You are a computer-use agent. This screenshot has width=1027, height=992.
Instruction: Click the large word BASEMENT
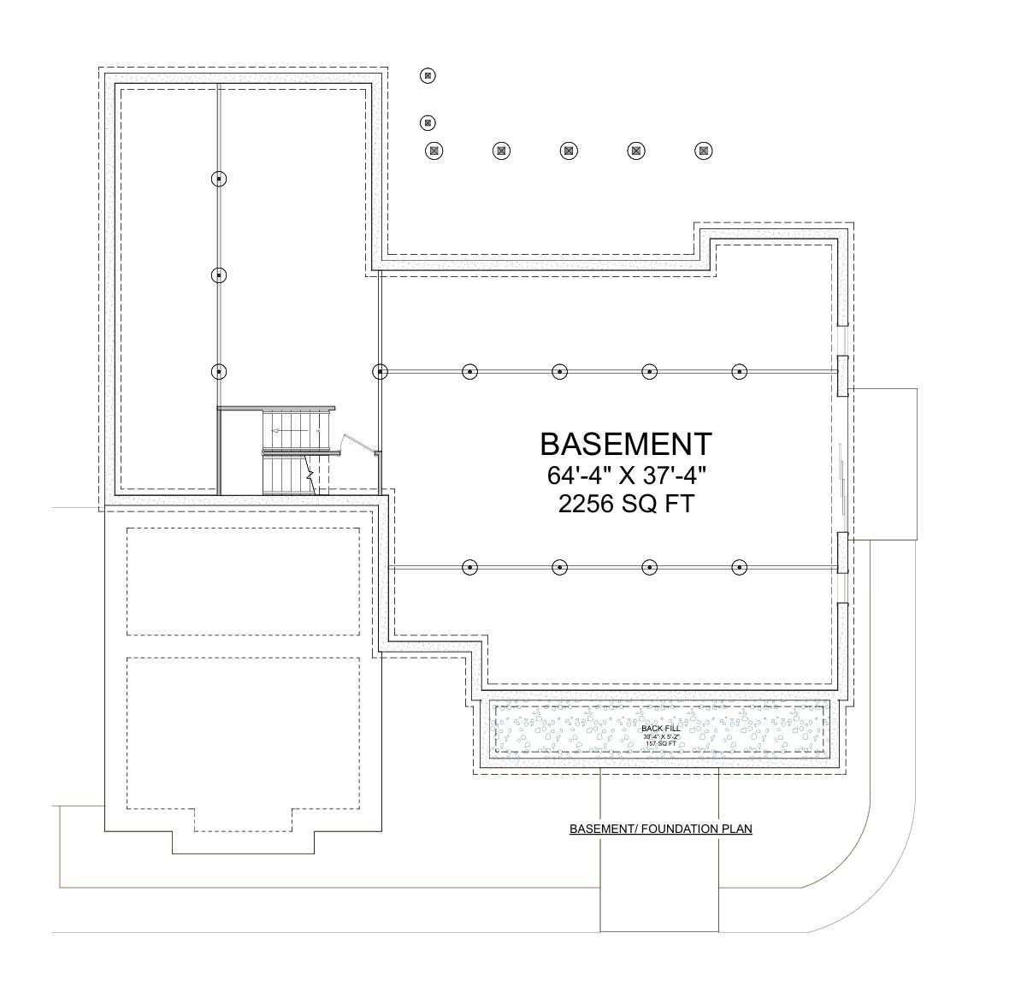coord(625,444)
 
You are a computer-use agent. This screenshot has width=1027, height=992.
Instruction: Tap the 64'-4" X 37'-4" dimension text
coord(625,475)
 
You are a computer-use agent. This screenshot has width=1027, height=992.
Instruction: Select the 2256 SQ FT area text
coord(625,505)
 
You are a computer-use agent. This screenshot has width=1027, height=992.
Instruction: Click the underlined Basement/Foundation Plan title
coord(660,829)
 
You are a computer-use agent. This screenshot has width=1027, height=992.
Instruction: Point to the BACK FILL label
coord(660,728)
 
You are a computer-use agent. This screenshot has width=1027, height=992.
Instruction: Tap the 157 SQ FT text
coord(660,744)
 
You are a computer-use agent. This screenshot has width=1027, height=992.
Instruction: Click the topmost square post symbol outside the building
coord(428,76)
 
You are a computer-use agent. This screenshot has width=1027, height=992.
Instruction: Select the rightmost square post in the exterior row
coord(703,151)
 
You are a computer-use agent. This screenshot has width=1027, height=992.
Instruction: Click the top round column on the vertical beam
coord(220,179)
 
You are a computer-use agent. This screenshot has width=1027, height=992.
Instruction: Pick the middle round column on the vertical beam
coord(220,275)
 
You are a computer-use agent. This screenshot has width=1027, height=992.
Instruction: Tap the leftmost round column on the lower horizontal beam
coord(469,567)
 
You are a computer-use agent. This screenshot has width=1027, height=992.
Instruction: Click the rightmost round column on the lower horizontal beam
coord(740,567)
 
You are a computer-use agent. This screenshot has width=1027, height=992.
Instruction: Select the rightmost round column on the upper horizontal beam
coord(740,372)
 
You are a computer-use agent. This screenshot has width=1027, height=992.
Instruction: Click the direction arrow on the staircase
coord(275,432)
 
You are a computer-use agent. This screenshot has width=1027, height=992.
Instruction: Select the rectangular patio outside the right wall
coord(883,464)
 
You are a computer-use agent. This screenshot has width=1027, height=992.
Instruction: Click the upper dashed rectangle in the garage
coord(243,582)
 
